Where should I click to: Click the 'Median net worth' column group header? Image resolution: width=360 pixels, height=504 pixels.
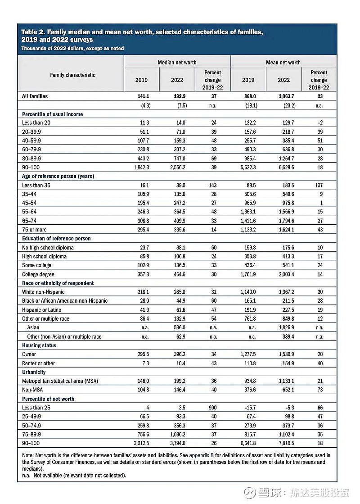tap(177, 62)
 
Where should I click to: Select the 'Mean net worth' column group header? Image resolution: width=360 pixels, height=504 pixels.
tap(283, 62)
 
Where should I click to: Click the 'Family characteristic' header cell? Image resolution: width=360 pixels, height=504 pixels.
tap(72, 75)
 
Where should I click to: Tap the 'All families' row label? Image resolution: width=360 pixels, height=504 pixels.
tap(35, 96)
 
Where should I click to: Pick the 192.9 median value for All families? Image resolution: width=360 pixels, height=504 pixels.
tap(177, 96)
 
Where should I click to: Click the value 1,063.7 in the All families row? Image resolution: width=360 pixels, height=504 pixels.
tap(283, 96)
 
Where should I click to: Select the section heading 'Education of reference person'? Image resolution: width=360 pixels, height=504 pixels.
tap(56, 238)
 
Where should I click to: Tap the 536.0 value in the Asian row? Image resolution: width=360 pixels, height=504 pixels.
tap(177, 327)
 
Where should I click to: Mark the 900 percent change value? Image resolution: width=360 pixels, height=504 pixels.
tap(212, 408)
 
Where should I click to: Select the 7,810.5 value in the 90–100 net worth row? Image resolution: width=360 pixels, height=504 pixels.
tap(283, 443)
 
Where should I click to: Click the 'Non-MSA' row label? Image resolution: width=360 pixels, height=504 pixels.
tap(33, 390)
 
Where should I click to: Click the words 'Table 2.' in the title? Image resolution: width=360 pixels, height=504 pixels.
tap(33, 32)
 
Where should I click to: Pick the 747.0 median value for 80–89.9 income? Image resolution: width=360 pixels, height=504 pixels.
tap(177, 159)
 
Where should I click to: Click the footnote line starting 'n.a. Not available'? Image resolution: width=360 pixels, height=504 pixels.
tap(74, 475)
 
